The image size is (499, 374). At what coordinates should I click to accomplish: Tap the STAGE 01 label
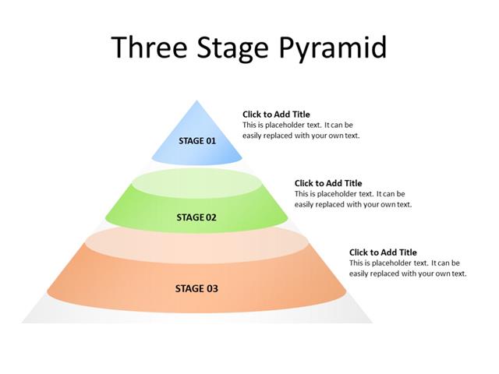pyautogui.click(x=197, y=141)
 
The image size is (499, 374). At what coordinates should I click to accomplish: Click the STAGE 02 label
pyautogui.click(x=196, y=217)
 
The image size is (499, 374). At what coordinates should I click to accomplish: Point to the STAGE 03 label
pyautogui.click(x=196, y=289)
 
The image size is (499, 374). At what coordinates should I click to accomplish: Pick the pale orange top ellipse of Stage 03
pyautogui.click(x=195, y=242)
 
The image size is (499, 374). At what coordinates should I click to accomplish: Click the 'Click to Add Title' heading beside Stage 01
pyautogui.click(x=276, y=115)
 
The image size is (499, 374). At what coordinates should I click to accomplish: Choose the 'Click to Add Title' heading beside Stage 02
pyautogui.click(x=328, y=184)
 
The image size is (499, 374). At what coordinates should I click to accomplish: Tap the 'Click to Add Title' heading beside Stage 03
pyautogui.click(x=383, y=252)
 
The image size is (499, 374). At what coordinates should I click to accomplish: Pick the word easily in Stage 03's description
pyautogui.click(x=359, y=274)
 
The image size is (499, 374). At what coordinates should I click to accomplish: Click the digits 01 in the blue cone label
pyautogui.click(x=210, y=141)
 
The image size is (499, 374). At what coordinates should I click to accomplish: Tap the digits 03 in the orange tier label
pyautogui.click(x=211, y=289)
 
